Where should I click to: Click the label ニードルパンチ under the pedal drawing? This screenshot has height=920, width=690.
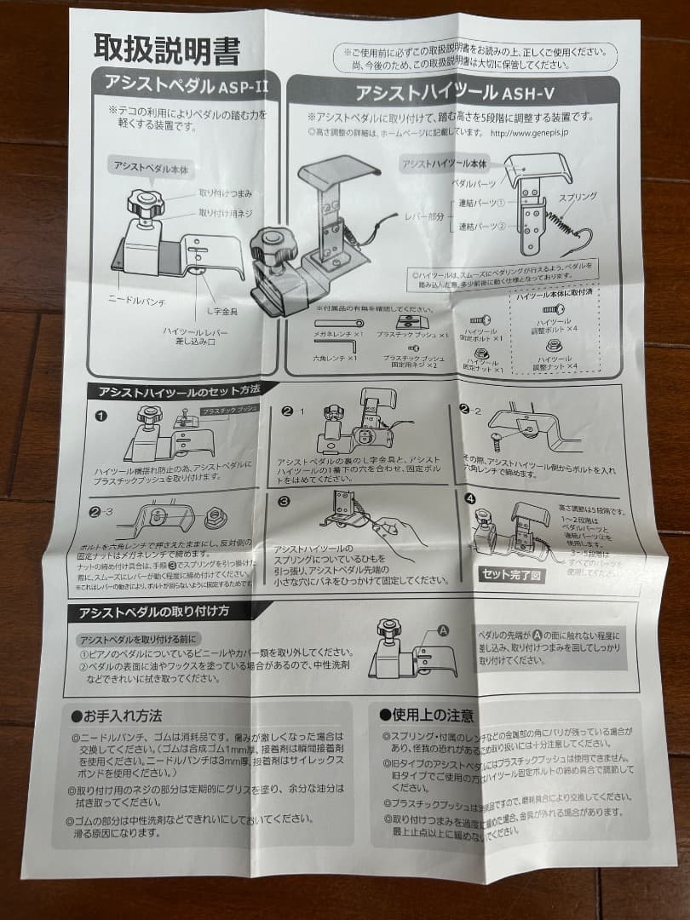pos(136,300)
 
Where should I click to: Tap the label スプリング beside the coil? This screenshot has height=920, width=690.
pos(577,197)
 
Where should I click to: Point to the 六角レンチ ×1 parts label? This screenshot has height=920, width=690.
pos(333,359)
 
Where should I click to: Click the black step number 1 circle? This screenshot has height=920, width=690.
pos(101,417)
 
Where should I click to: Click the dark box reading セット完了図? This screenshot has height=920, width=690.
pos(512,573)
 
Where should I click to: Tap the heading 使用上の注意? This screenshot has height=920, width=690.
pos(427,715)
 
